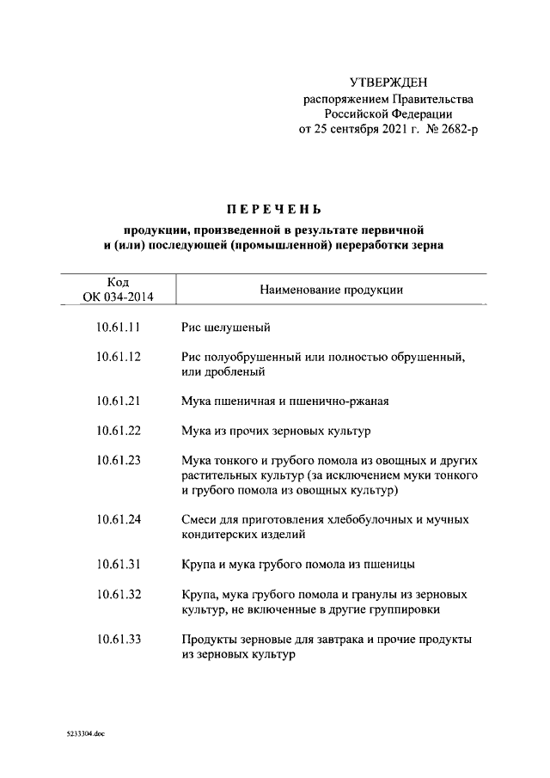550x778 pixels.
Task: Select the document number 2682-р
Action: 452,130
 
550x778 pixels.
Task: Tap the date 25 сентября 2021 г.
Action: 359,130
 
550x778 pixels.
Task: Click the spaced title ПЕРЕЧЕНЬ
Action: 274,209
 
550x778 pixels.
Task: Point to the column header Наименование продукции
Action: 331,290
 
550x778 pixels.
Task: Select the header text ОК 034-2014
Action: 119,297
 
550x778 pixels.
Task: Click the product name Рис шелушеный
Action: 226,328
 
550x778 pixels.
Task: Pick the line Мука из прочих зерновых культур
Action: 276,430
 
